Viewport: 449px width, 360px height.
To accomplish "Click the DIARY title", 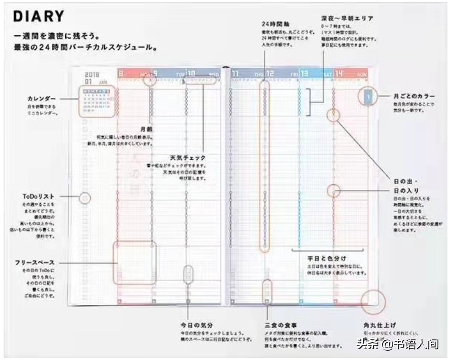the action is [x=39, y=17].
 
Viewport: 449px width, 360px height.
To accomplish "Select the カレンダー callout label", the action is [x=41, y=99].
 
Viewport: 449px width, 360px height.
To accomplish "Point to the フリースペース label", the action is [x=35, y=263].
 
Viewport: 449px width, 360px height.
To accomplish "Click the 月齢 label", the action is [x=146, y=129].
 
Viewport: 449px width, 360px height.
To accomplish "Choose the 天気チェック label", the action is [x=188, y=158].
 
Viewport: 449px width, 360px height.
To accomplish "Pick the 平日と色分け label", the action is [x=327, y=258].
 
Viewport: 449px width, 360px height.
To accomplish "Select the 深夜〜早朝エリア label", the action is [x=347, y=18].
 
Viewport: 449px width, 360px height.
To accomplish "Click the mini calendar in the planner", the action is [x=97, y=100].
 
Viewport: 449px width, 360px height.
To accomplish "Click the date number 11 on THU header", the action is [x=236, y=74].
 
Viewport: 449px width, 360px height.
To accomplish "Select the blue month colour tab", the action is [x=367, y=96].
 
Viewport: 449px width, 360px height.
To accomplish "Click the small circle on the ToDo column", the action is [x=86, y=198].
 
